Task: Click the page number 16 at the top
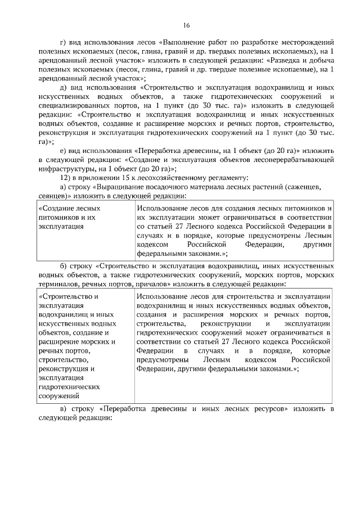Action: pos(186,25)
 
